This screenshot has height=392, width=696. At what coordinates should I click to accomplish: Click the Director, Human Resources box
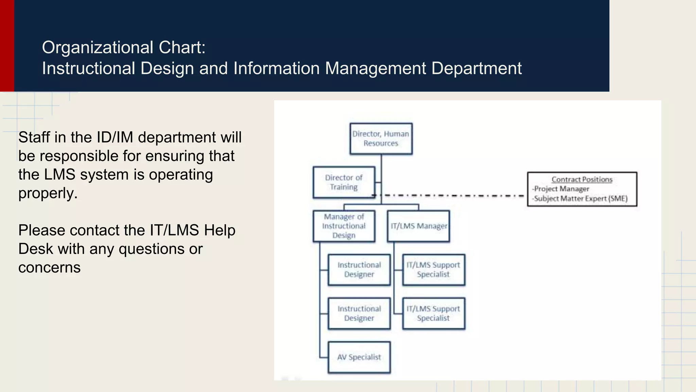click(381, 139)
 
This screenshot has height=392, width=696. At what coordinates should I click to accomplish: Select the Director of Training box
click(344, 182)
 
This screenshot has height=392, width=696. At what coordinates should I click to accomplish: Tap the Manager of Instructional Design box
click(344, 226)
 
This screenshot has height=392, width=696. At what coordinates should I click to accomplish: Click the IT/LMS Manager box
click(418, 226)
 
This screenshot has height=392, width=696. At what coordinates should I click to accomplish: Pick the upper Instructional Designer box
click(359, 269)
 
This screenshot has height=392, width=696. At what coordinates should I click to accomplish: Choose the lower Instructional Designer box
click(359, 313)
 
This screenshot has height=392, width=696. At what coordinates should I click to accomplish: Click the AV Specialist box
click(359, 357)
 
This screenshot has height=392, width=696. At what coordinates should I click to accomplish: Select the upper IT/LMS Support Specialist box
click(433, 269)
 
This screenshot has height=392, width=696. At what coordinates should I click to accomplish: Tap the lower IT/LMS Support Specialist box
click(433, 313)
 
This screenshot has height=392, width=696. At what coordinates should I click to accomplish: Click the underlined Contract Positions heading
click(582, 179)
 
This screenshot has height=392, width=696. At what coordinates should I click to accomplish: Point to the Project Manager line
click(561, 189)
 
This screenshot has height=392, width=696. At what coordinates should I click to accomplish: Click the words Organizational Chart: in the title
click(124, 47)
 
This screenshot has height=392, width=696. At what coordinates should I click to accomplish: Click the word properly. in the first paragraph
click(48, 193)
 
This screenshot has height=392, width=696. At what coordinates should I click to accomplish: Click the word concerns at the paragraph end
click(49, 267)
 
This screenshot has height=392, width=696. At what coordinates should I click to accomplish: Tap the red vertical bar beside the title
click(7, 46)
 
